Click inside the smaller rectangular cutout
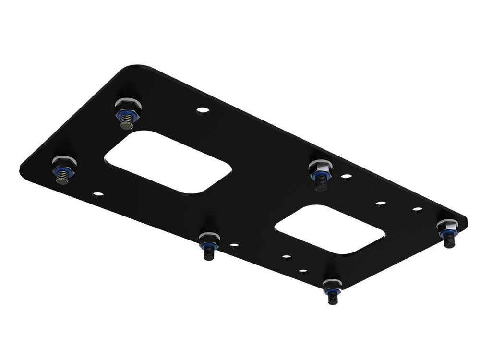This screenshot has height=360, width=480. pos(330,229)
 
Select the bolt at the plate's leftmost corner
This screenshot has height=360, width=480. pos(63,169)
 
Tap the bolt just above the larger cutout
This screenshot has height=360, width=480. pos(127,113)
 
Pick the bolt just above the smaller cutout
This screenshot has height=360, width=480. pos(321,174)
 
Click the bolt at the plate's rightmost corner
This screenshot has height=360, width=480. pos(448,232)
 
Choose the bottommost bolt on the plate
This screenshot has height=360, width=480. pos(332,290)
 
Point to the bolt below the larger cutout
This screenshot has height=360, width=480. pos(209,244)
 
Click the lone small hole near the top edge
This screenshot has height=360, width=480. pos(203,110)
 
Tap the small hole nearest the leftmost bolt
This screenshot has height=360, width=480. pos(98,194)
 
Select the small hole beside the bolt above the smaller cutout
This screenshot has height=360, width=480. pos(346,176)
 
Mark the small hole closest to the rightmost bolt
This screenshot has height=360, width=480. pos(418,209)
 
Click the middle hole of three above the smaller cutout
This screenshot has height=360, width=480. pos(381,203)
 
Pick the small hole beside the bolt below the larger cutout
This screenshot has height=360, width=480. pos(234,245)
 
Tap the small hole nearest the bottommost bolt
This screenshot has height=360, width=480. pos(303,271)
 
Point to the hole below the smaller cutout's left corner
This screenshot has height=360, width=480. pos(286,257)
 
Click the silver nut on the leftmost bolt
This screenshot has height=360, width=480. pos(64,161)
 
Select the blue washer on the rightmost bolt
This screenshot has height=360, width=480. pos(448,232)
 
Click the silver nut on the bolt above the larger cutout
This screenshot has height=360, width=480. pos(128,104)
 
